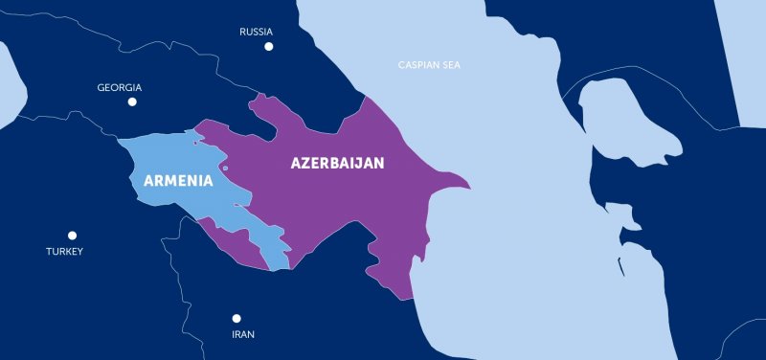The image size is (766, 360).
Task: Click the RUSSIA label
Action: coord(257,32)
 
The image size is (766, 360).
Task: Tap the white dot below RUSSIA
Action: coord(269,46)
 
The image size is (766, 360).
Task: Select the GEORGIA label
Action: coord(120,87)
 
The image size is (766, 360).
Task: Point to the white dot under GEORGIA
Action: coord(132,101)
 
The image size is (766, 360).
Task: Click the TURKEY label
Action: coord(64,252)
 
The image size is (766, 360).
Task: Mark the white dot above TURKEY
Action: coord(72,236)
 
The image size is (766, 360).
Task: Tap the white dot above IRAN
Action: coord(237,319)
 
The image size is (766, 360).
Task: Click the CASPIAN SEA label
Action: coord(430,65)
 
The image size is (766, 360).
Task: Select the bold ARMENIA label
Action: coord(177,180)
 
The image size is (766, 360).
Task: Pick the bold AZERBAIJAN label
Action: coord(337,164)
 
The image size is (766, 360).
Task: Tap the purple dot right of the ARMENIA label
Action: coord(226,169)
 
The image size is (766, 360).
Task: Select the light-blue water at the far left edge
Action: coord(8,86)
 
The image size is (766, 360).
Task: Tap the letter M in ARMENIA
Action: coord(173,180)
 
